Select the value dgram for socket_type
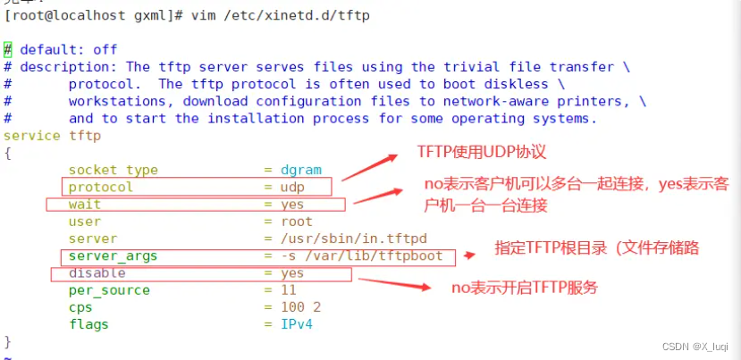[x=296, y=170]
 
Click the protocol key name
[x=100, y=187]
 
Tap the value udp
[x=291, y=187]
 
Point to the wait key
[x=85, y=205]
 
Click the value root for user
[x=296, y=222]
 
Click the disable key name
[x=97, y=273]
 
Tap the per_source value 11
[x=288, y=290]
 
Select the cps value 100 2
[x=296, y=307]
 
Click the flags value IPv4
[x=296, y=324]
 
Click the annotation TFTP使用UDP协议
[x=481, y=152]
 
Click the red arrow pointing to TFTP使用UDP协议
[x=369, y=167]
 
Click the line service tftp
[x=53, y=136]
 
